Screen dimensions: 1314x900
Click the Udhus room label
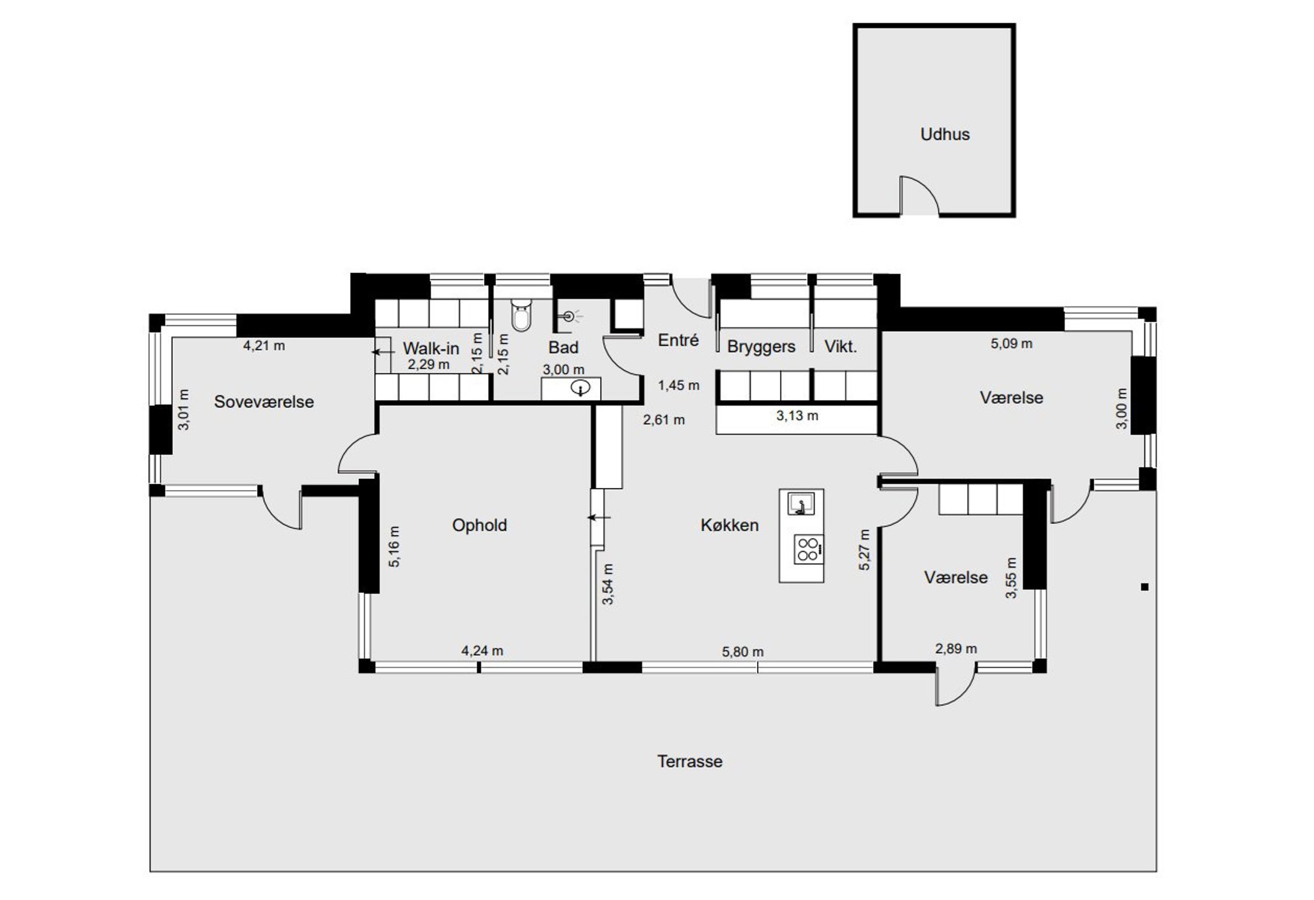[x=944, y=134]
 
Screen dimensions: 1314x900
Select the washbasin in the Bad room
[x=580, y=389]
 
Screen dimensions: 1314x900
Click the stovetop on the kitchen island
[x=809, y=548]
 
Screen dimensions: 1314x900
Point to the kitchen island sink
[x=801, y=504]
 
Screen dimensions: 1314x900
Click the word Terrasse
[x=689, y=762]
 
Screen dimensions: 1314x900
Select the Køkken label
[x=729, y=525]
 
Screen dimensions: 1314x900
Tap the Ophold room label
[x=480, y=525]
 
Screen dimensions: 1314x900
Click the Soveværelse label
[x=264, y=402]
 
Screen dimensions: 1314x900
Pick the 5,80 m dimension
[x=742, y=652]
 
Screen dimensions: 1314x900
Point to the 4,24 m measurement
[x=482, y=651]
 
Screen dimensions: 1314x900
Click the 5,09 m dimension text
[x=1011, y=344]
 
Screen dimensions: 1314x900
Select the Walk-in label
[x=430, y=348]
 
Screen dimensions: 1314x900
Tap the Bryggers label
[x=761, y=347]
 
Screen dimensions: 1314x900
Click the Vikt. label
[x=840, y=346]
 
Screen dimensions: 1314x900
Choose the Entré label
[x=678, y=340]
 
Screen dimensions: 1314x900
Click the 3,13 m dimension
[x=797, y=416]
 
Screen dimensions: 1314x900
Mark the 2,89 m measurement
[x=956, y=649]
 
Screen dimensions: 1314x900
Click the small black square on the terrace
[x=1144, y=587]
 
